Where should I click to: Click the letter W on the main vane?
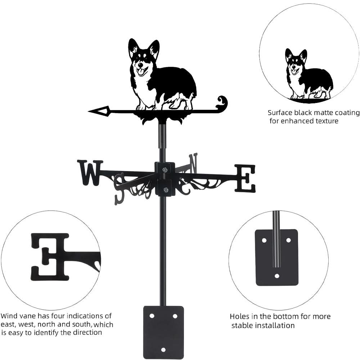(x=90, y=172)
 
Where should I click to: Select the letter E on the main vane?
(x=245, y=178)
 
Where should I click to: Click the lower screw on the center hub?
(x=165, y=189)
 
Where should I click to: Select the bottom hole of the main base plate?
(x=163, y=350)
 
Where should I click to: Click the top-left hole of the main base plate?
(x=152, y=316)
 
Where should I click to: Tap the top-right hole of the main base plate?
(x=175, y=316)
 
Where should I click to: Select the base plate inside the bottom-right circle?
(x=276, y=257)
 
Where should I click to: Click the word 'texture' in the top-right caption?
(x=326, y=121)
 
